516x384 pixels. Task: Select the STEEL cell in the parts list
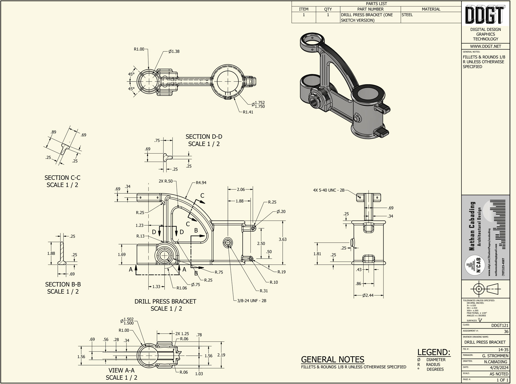click(407, 15)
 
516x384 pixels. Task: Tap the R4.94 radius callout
click(201, 183)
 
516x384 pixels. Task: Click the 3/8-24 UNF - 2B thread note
click(252, 301)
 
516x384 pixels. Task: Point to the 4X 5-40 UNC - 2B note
click(328, 190)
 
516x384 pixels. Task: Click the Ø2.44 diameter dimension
click(368, 295)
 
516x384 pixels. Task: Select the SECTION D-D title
click(204, 137)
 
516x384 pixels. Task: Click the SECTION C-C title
click(62, 178)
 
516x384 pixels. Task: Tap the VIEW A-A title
click(121, 370)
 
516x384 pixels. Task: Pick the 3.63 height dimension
click(282, 239)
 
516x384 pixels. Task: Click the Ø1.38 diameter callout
click(174, 51)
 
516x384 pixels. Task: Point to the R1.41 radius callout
click(248, 112)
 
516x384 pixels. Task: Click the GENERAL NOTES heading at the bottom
click(332, 360)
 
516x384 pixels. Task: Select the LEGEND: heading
click(433, 352)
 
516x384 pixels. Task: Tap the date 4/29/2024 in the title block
click(500, 368)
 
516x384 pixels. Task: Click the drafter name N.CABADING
click(496, 362)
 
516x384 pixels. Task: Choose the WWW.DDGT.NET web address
click(485, 46)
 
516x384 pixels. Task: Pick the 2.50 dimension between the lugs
click(261, 243)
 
